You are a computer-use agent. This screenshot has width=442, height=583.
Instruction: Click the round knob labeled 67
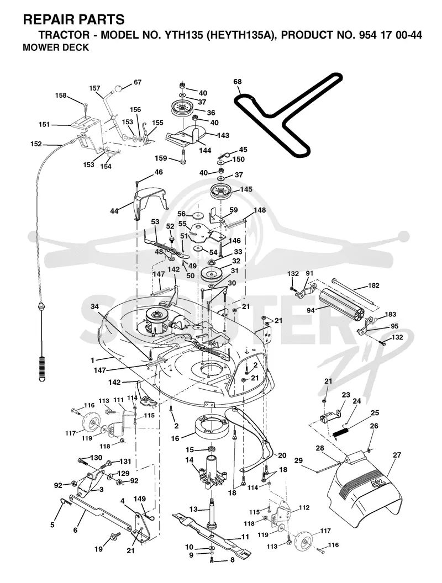[x=118, y=89]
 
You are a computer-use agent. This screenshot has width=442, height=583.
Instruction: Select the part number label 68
[x=238, y=81]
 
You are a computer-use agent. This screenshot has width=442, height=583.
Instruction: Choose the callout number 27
[x=397, y=455]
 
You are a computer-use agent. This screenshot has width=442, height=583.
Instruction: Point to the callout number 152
[x=36, y=144]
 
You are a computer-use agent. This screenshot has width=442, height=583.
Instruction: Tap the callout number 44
[x=114, y=211]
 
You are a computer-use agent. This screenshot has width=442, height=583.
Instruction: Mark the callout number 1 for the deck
[x=92, y=360]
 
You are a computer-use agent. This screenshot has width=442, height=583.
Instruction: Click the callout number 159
[x=161, y=158]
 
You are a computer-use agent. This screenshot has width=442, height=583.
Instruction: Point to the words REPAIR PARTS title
[x=73, y=19]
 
